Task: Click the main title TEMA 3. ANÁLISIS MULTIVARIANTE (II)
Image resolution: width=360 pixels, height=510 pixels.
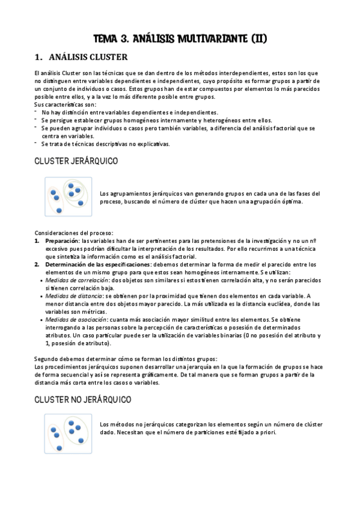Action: pyautogui.click(x=180, y=39)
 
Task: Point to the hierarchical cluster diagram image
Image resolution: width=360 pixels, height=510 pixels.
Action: pyautogui.click(x=67, y=197)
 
